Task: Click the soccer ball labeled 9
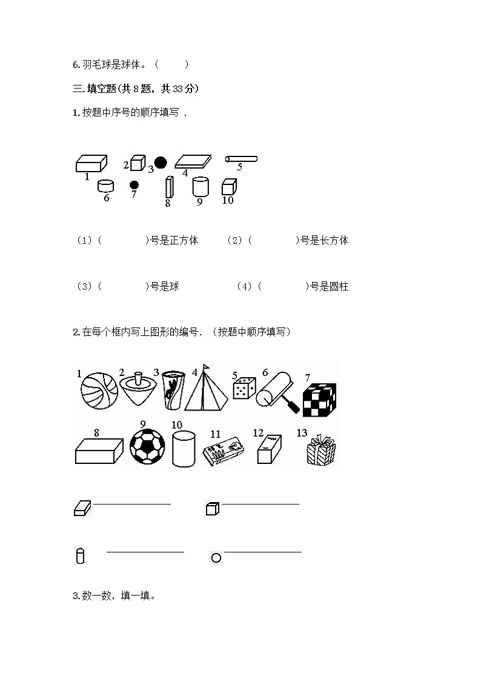(x=147, y=446)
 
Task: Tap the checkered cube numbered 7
(x=320, y=400)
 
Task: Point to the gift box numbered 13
(x=321, y=450)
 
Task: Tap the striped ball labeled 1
(x=99, y=391)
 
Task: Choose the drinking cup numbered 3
(x=173, y=391)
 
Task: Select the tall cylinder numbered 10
(x=184, y=449)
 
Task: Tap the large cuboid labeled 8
(x=99, y=451)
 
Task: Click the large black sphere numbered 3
(x=161, y=163)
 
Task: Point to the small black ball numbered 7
(x=134, y=185)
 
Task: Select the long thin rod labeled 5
(x=242, y=159)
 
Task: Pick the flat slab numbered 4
(x=193, y=161)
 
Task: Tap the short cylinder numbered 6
(x=105, y=186)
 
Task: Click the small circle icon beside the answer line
(x=216, y=558)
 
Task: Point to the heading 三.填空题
(x=94, y=89)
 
